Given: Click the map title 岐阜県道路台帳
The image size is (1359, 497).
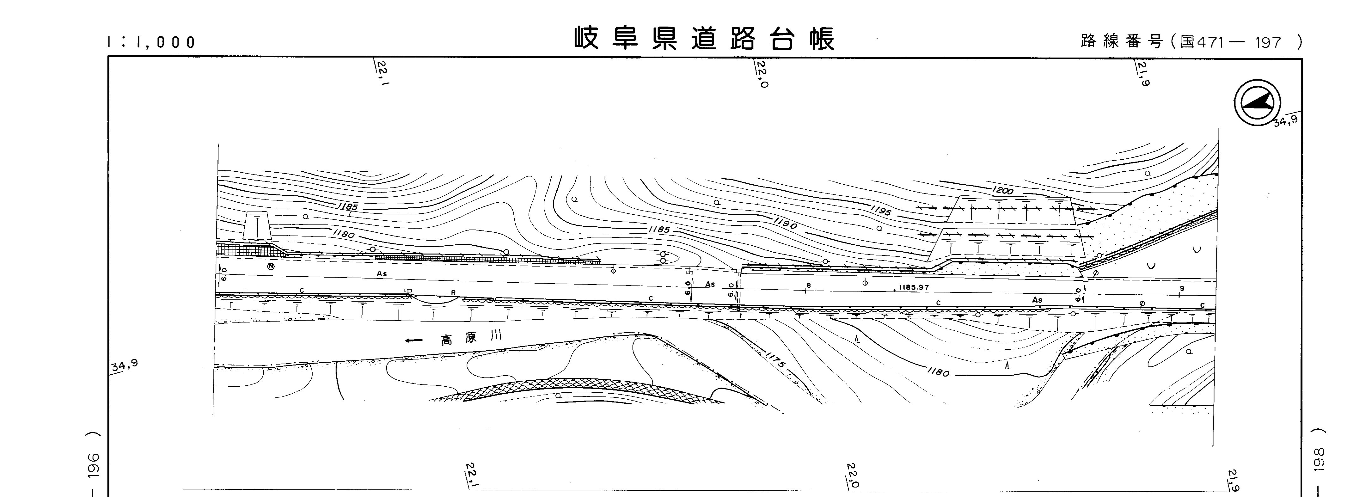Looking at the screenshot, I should point(704,39).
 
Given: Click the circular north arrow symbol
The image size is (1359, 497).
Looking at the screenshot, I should point(1257,102).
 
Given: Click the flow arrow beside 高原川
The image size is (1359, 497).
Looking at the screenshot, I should point(414,340).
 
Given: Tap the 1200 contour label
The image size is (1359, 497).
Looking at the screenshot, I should point(1002,190).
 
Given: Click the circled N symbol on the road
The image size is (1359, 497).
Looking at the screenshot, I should point(271,267).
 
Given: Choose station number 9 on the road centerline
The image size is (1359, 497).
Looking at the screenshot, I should point(1182,289).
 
